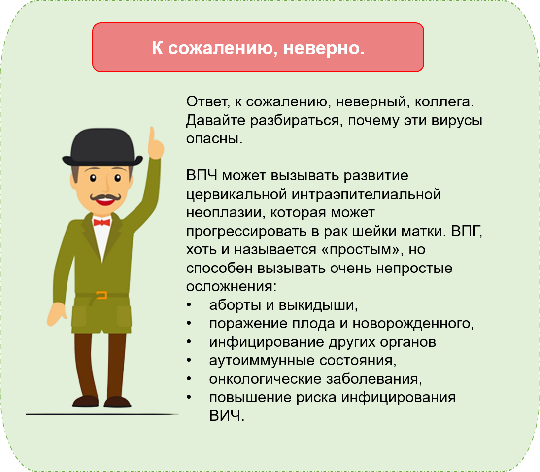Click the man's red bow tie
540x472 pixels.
click(102, 222)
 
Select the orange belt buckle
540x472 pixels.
click(101, 295)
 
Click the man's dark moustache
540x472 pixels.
click(105, 197)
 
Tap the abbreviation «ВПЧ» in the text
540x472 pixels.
click(202, 175)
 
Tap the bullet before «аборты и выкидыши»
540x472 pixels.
click(189, 305)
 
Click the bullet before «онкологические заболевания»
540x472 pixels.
click(189, 379)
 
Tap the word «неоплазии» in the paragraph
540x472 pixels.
click(223, 213)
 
